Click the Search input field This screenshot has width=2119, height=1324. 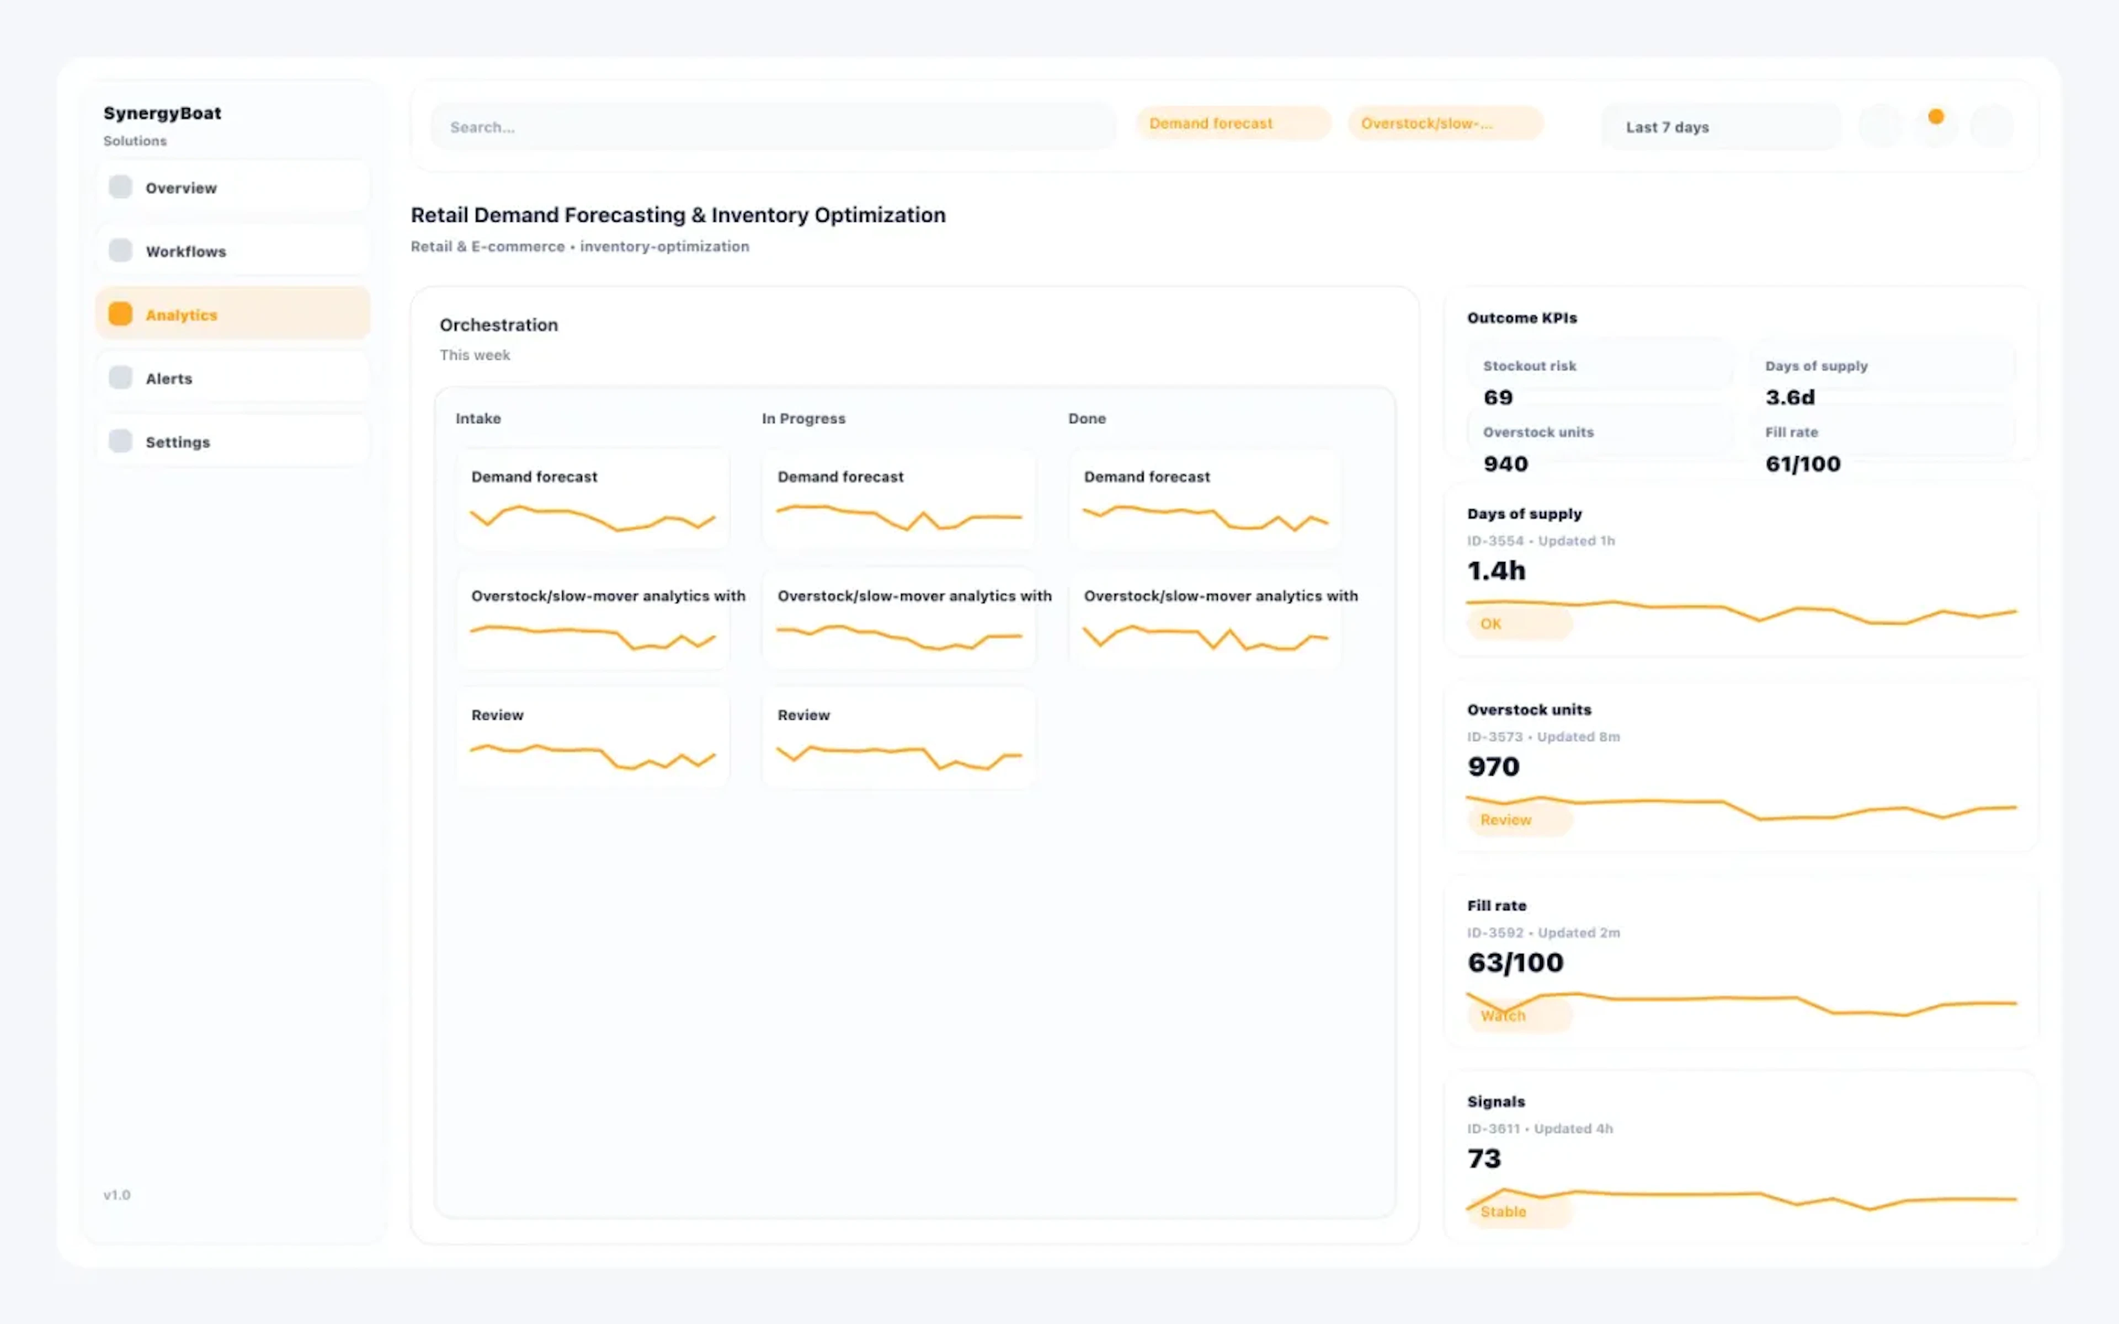click(x=770, y=127)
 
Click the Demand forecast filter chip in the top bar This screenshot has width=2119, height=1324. click(x=1232, y=124)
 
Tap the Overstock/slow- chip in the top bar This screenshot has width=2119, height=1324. click(x=1444, y=124)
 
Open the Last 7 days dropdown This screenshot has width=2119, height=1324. click(x=1719, y=127)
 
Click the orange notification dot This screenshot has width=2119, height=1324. click(x=1935, y=116)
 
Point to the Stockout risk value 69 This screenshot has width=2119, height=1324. click(x=1497, y=398)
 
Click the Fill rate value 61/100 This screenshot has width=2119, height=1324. click(x=1802, y=464)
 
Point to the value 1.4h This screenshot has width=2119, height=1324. click(x=1497, y=571)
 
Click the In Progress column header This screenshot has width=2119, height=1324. click(x=803, y=419)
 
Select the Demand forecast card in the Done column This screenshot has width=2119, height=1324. click(x=1204, y=499)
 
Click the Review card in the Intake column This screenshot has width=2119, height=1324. click(x=593, y=738)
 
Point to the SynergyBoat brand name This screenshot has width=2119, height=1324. click(x=162, y=113)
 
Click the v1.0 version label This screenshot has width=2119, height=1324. click(x=116, y=1194)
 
